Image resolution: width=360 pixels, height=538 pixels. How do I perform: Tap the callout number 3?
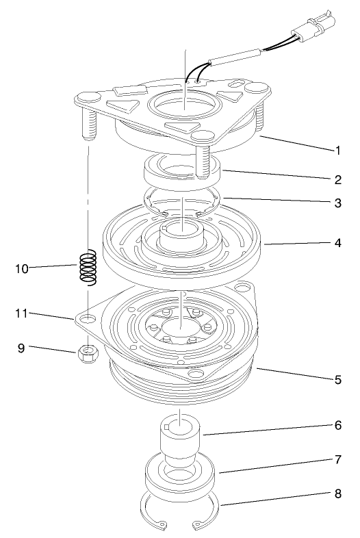coord(337,205)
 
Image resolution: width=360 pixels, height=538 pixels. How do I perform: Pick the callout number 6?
coord(337,425)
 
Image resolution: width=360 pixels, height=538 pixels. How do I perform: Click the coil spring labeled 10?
coord(88,269)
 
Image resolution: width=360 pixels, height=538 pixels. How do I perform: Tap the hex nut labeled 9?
coord(88,355)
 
